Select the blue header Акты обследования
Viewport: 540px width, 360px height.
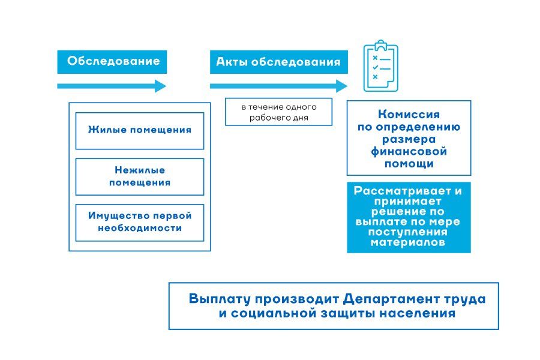tap(278, 62)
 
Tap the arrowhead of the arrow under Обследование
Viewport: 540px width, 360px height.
tap(160, 86)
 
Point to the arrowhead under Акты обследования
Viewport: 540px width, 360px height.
tap(342, 86)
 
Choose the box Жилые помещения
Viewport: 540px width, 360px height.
tap(140, 130)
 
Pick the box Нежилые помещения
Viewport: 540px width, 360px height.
tap(140, 176)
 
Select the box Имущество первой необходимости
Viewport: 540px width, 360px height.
tap(140, 222)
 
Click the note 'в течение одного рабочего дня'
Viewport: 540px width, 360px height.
tap(278, 112)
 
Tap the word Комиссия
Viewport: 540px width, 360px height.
tap(409, 115)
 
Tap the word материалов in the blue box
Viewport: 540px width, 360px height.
tap(408, 242)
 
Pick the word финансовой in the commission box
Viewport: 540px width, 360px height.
tap(409, 151)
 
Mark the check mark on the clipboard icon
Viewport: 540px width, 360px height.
tap(375, 68)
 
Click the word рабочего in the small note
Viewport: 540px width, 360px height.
tap(266, 118)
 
